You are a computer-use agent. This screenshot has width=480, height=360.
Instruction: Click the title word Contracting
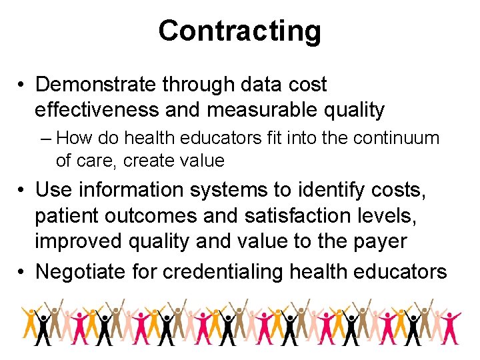point(239,31)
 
